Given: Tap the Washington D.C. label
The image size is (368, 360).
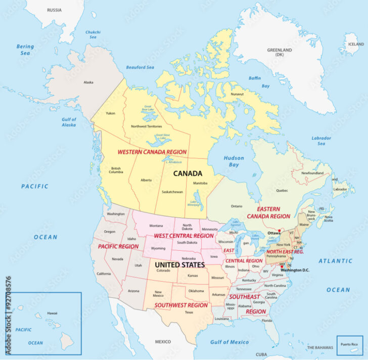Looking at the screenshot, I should coord(295,270).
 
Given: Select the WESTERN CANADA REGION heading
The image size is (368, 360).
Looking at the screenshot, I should coord(152,152).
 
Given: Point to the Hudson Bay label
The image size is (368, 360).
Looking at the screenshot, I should coord(235,161).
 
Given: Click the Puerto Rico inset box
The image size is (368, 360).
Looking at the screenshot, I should coord(349,345).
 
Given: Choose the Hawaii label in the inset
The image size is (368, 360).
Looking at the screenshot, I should coord(52,313).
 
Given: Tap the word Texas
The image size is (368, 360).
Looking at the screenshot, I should coord(189,312).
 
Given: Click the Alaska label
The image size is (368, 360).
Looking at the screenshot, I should coord(88,82).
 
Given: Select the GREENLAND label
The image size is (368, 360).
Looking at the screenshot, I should coord(280,52).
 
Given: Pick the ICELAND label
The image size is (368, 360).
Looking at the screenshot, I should coord(355,44).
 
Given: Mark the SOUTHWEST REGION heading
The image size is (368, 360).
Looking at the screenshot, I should coord(181,305).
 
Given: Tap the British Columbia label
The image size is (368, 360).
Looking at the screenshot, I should coord(116,170).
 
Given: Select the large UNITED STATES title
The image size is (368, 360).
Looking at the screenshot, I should coord(179,264).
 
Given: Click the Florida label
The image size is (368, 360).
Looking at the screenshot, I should coord(267,321).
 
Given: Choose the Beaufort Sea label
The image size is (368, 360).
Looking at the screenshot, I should coord(140,67).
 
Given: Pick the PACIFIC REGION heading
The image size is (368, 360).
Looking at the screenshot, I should coord(118,246).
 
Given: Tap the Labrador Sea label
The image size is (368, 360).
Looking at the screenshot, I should coord(321,141).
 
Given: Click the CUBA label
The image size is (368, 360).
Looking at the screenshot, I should coord(261,354).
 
